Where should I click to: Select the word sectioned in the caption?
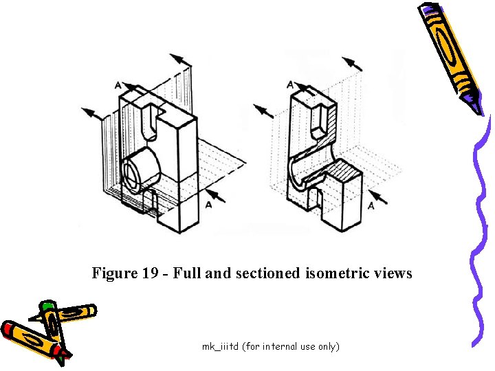[265, 273]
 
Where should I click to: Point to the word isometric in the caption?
[333, 273]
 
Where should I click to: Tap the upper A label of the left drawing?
[118, 86]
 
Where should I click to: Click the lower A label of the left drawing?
[208, 205]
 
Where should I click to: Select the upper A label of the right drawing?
[289, 85]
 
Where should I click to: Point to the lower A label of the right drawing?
[371, 205]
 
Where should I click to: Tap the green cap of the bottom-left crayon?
[47, 307]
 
